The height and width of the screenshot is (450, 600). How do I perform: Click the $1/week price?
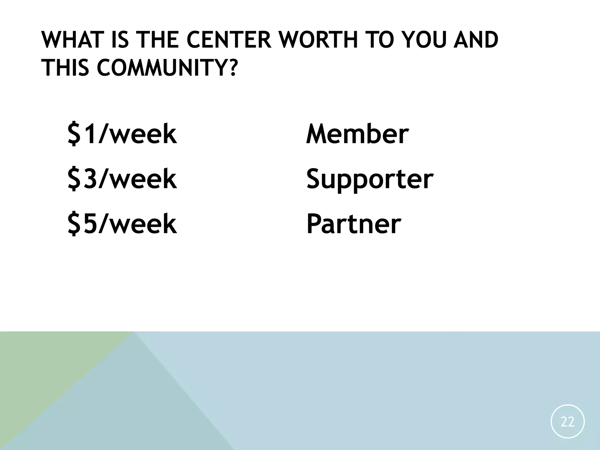(x=122, y=134)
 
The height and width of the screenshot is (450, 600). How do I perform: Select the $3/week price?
(x=122, y=179)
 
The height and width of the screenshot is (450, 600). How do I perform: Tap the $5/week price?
(x=122, y=224)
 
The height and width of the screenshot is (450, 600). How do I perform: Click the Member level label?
(x=357, y=134)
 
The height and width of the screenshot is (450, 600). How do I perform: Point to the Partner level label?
(x=353, y=224)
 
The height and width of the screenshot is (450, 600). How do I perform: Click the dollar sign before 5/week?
(x=75, y=224)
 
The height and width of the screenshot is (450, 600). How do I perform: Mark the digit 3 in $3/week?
(x=90, y=179)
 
